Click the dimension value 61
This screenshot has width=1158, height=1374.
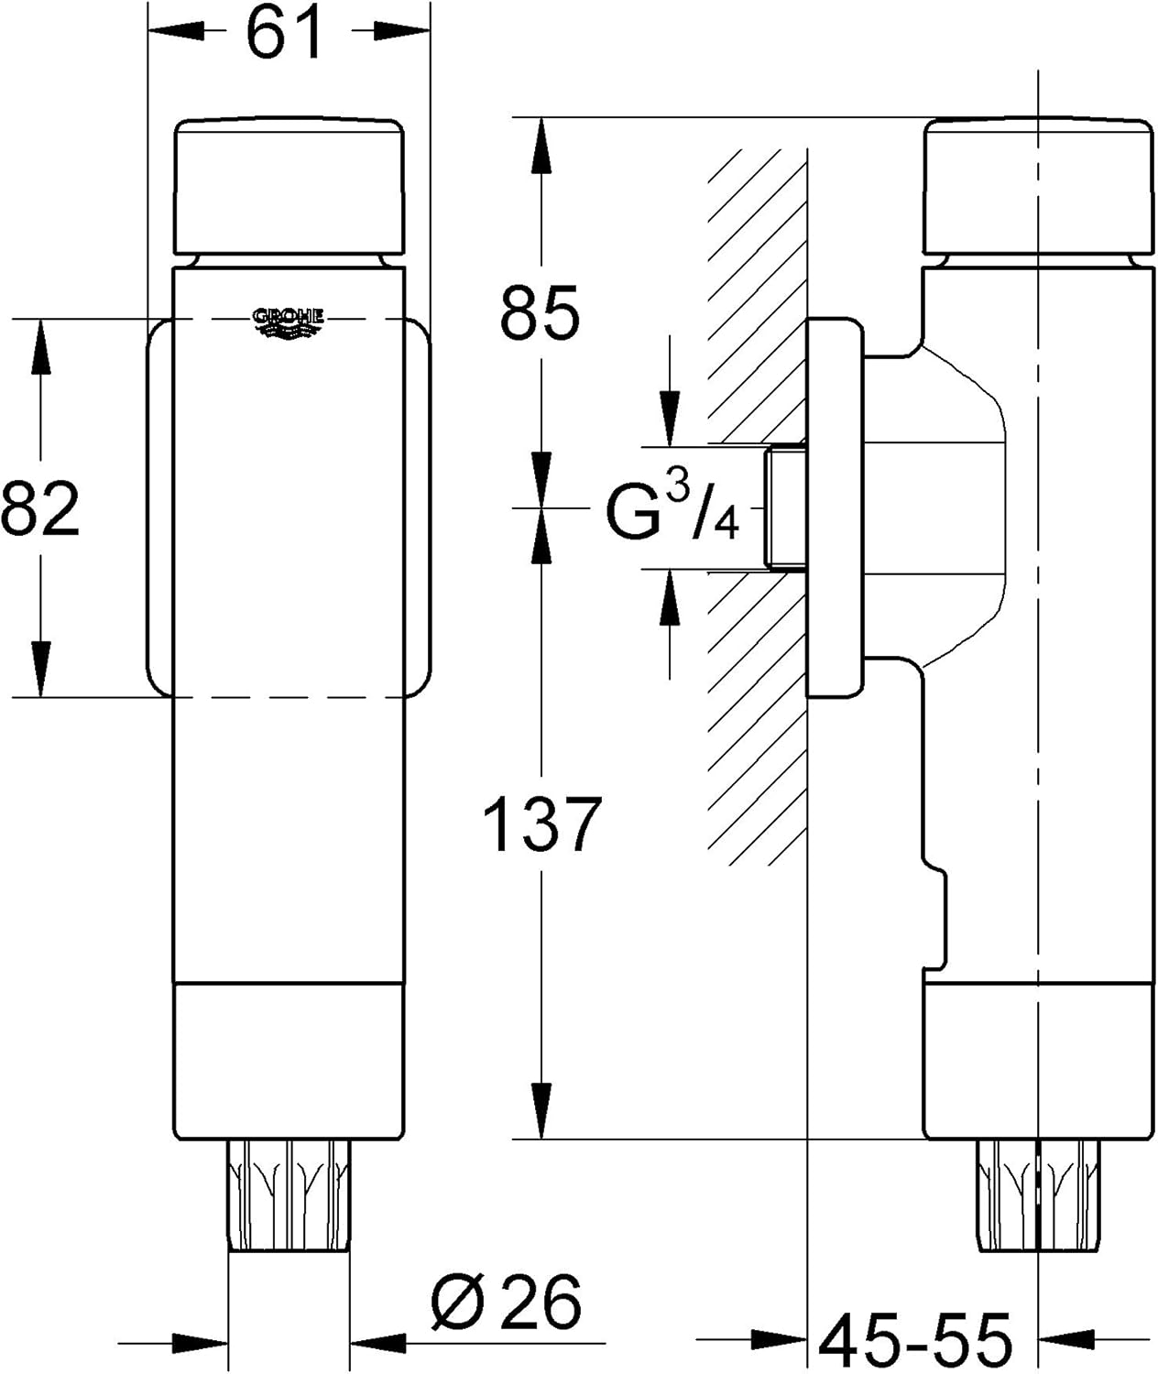pos(287,33)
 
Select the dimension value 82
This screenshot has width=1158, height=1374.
pos(41,509)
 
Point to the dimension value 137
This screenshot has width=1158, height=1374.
pos(541,823)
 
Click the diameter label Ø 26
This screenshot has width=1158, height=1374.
pos(506,1301)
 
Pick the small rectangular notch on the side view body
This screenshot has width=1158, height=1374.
pos(934,916)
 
